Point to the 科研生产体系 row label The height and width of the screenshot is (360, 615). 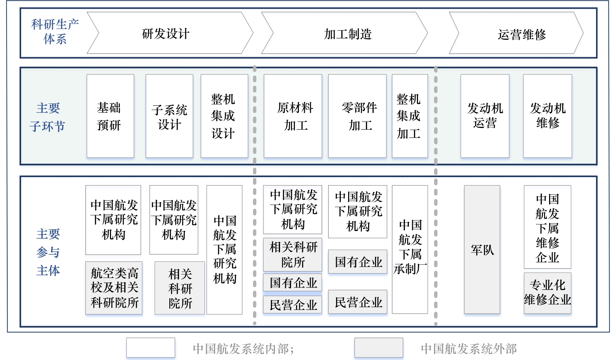pyautogui.click(x=55, y=32)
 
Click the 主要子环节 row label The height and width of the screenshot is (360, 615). pyautogui.click(x=48, y=117)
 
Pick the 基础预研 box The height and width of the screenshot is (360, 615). pyautogui.click(x=110, y=116)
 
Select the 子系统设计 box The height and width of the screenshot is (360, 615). pyautogui.click(x=169, y=116)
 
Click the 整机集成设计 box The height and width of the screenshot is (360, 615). pyautogui.click(x=224, y=116)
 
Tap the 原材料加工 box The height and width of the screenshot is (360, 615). pyautogui.click(x=293, y=116)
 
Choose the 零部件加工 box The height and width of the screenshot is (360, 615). pyautogui.click(x=357, y=116)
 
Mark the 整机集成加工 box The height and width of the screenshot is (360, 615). pyautogui.click(x=410, y=116)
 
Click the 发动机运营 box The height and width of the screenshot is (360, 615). pyautogui.click(x=485, y=116)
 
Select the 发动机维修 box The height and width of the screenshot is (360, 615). pyautogui.click(x=547, y=116)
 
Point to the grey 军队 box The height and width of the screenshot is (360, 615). pyautogui.click(x=482, y=250)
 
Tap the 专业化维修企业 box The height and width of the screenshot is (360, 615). pyautogui.click(x=547, y=293)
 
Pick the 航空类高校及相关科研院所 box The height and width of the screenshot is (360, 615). pyautogui.click(x=114, y=288)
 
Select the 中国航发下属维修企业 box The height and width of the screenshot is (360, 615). pyautogui.click(x=547, y=227)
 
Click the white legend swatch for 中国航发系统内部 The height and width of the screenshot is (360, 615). pyautogui.click(x=151, y=348)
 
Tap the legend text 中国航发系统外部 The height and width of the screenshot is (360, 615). pyautogui.click(x=469, y=349)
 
